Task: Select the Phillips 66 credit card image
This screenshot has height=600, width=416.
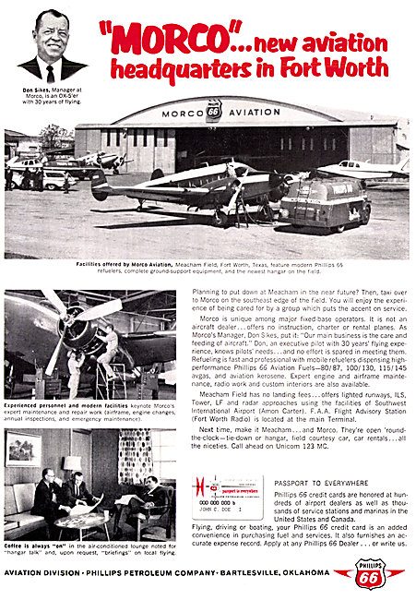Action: (x=232, y=498)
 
